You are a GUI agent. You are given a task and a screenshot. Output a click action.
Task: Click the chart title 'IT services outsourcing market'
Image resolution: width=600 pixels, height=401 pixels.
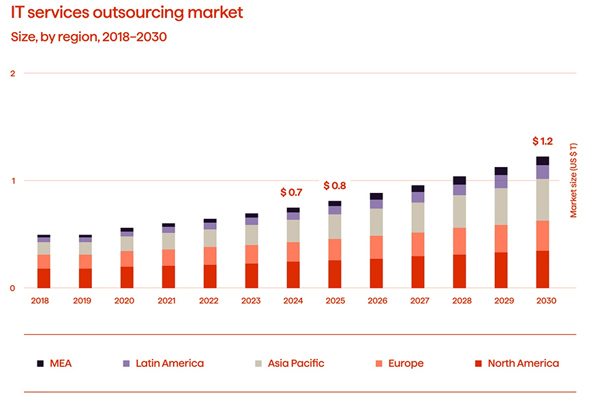(127, 12)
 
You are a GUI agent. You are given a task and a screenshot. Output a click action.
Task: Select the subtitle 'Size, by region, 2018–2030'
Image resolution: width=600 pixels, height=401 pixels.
(89, 37)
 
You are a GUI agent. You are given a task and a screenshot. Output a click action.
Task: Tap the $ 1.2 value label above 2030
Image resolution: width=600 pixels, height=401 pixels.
(543, 142)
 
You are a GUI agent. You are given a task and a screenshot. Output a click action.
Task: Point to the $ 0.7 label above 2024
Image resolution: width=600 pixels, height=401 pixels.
(291, 193)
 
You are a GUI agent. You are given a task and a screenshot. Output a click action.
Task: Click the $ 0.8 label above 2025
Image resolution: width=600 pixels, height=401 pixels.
(335, 185)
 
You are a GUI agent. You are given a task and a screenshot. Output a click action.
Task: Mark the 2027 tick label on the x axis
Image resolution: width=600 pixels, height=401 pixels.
(418, 300)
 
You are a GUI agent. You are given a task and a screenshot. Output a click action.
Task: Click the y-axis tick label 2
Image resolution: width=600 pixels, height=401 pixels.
(13, 73)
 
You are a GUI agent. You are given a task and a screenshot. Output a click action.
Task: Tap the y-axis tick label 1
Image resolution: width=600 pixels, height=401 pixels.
(13, 181)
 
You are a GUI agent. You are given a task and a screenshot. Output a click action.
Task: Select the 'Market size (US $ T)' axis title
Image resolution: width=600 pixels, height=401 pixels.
(573, 180)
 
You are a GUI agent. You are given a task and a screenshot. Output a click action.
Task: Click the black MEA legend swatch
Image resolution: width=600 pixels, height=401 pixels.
(40, 363)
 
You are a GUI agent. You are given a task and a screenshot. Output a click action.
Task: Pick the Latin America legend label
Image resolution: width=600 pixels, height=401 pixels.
(170, 363)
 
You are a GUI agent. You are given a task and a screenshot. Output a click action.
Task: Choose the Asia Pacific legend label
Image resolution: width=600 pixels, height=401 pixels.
(296, 363)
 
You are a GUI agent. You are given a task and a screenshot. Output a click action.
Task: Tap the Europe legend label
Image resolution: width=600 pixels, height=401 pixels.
(406, 363)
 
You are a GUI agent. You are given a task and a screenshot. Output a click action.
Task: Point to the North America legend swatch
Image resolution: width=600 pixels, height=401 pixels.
(479, 363)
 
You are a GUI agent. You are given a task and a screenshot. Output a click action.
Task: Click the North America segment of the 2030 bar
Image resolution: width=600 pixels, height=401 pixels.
(543, 269)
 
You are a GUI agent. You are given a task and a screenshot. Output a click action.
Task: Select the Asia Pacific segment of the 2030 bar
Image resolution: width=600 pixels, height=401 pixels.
(543, 200)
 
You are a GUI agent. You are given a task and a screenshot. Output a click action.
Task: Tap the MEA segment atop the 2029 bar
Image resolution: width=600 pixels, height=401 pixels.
(501, 171)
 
